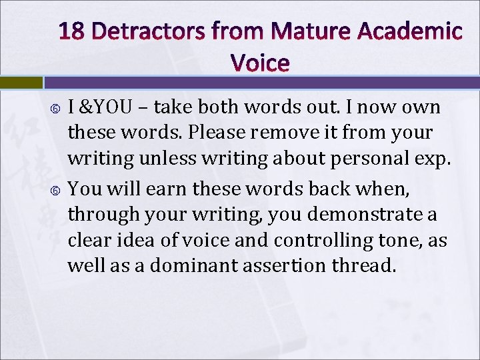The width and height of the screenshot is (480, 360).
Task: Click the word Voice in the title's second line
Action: click(260, 63)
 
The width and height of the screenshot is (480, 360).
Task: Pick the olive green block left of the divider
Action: click(21, 82)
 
